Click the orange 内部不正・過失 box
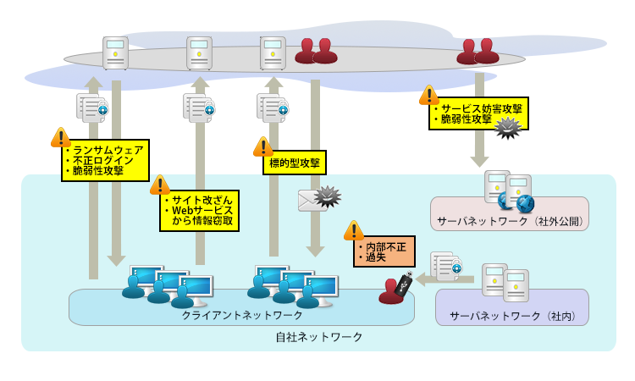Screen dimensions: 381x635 coord(384,251)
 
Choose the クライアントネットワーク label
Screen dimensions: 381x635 coord(242,315)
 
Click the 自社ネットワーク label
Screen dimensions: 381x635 coord(319,337)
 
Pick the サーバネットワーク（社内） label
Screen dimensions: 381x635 coord(511,316)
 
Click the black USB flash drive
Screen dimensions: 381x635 coord(404,283)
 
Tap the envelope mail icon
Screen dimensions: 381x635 coord(310,201)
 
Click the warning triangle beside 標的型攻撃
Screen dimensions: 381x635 coord(263,146)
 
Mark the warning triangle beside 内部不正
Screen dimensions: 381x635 coord(353,230)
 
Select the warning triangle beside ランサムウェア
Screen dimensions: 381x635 coord(60,137)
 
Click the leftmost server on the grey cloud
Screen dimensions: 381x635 coord(115,52)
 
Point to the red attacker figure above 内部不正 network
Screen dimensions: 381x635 coord(391,291)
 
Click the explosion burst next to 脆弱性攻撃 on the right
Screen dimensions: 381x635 coord(507,127)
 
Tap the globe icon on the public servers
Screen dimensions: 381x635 coord(525,203)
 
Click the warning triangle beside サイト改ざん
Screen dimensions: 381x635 coord(160,185)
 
